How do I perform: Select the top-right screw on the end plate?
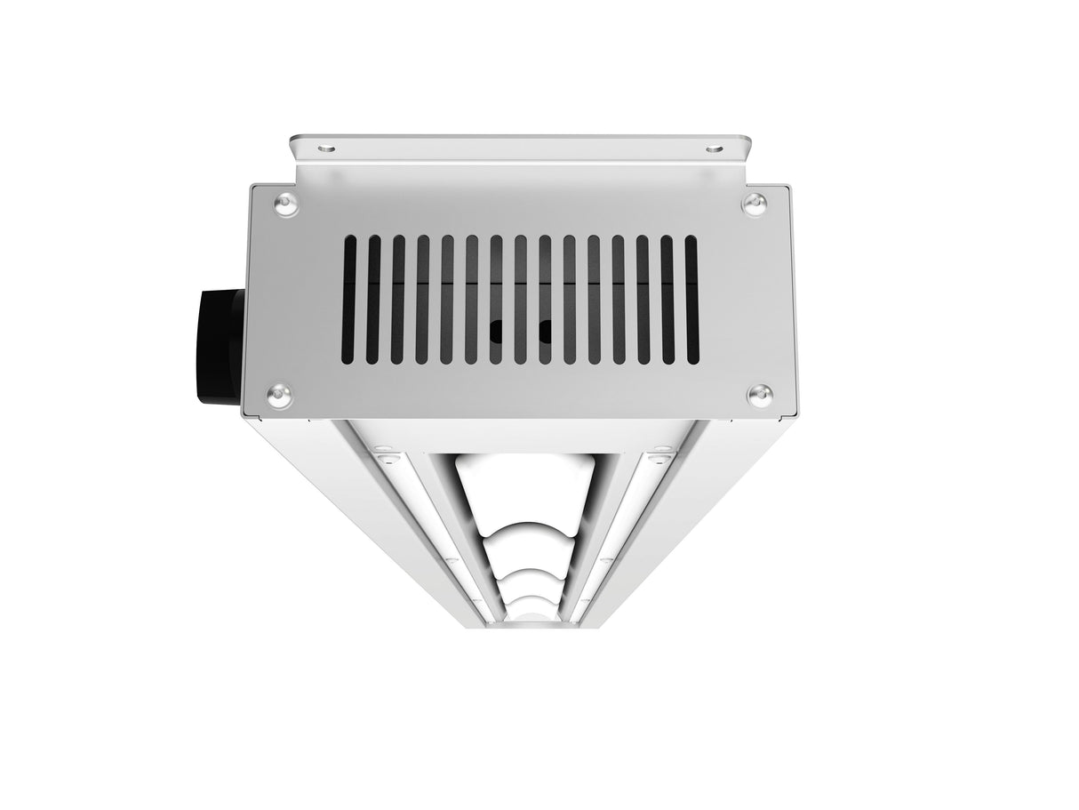click(x=754, y=204)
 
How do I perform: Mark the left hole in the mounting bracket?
click(x=327, y=148)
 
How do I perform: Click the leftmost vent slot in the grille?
click(x=350, y=299)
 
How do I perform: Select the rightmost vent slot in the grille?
click(x=691, y=299)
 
